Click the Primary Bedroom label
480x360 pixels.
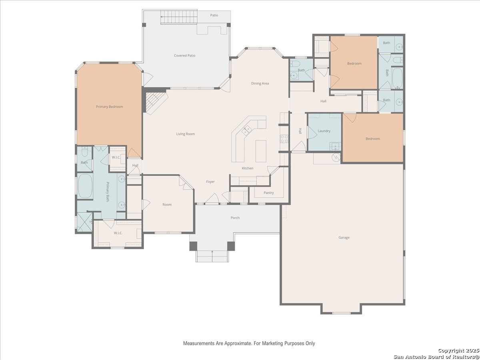pos(109,107)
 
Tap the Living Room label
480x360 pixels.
pos(186,134)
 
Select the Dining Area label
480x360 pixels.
pos(260,83)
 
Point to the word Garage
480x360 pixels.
pos(344,237)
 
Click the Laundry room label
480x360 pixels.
pos(324,131)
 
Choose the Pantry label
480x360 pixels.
pos(268,193)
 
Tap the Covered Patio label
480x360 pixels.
pos(184,56)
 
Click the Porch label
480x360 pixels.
pos(235,218)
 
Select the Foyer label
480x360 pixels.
pos(210,182)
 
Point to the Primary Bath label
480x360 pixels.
pos(107,192)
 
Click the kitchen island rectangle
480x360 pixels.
pos(261,151)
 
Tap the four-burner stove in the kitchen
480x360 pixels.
pos(284,139)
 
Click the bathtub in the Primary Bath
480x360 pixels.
pos(85,186)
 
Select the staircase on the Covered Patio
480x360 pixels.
pos(179,17)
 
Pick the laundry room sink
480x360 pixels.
pos(335,146)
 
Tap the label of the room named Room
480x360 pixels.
pos(167,204)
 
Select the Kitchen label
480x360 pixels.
pos(248,168)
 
